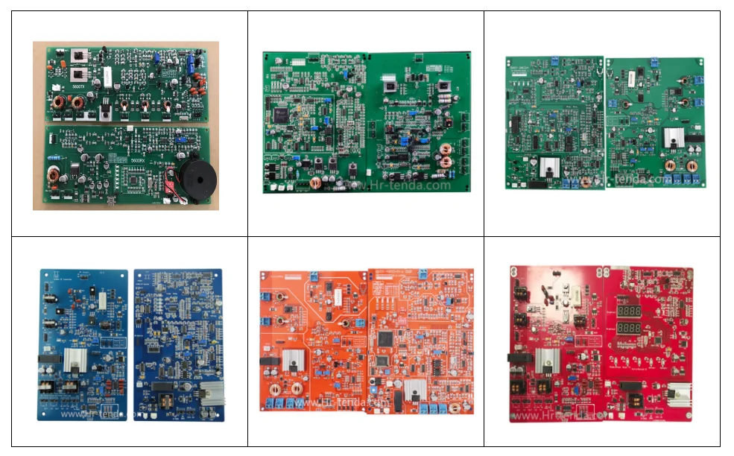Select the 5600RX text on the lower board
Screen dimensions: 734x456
pos(137,159)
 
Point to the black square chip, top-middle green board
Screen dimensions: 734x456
pos(282,114)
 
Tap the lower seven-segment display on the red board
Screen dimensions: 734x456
pos(624,330)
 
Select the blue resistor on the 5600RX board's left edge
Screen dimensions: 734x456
pos(54,158)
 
